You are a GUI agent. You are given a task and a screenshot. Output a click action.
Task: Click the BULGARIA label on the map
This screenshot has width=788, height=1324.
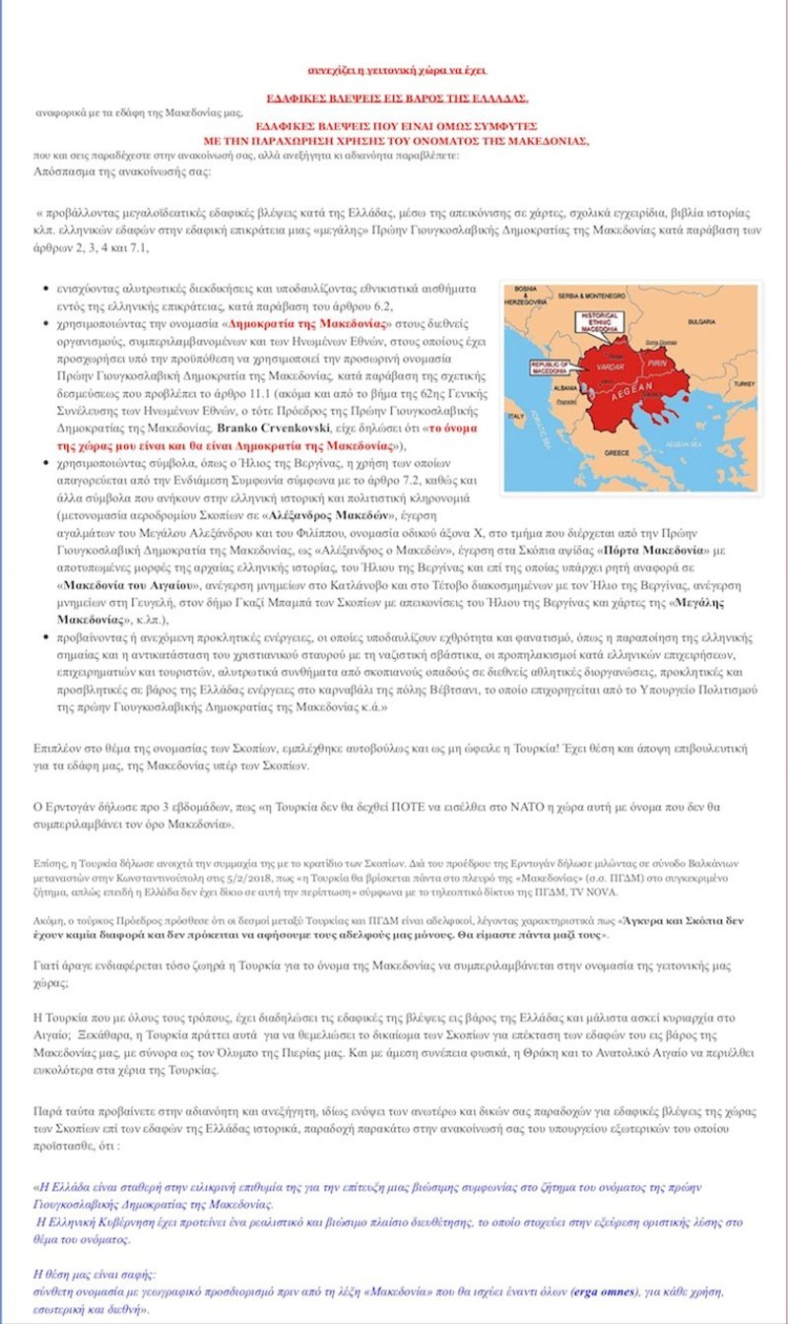pyautogui.click(x=701, y=321)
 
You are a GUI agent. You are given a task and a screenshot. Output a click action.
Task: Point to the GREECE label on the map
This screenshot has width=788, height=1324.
pyautogui.click(x=617, y=452)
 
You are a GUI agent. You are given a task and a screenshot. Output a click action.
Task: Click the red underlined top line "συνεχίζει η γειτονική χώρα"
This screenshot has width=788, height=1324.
pyautogui.click(x=397, y=71)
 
